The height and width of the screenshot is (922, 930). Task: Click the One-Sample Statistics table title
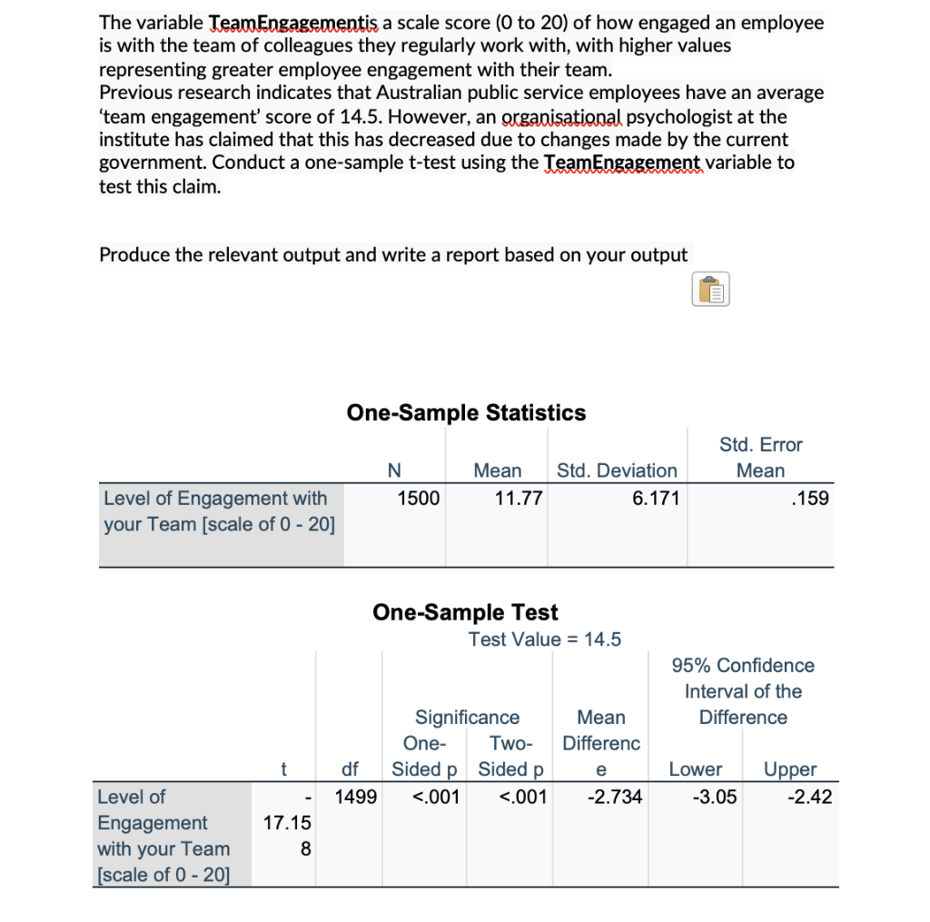click(466, 412)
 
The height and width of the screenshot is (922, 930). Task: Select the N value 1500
click(419, 498)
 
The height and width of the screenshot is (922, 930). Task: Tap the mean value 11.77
click(516, 498)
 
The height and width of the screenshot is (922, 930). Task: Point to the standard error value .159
click(810, 498)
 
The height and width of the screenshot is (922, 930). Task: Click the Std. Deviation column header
click(617, 471)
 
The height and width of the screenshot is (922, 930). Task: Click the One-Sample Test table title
click(465, 612)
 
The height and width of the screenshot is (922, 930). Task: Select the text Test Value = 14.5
click(544, 639)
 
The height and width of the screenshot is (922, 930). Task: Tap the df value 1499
click(354, 798)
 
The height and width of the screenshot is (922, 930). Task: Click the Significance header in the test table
click(467, 718)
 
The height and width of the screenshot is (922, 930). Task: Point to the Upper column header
click(789, 769)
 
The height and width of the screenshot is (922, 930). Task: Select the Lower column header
click(695, 769)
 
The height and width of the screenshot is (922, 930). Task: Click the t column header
click(283, 769)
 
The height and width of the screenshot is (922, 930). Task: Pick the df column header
click(349, 769)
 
